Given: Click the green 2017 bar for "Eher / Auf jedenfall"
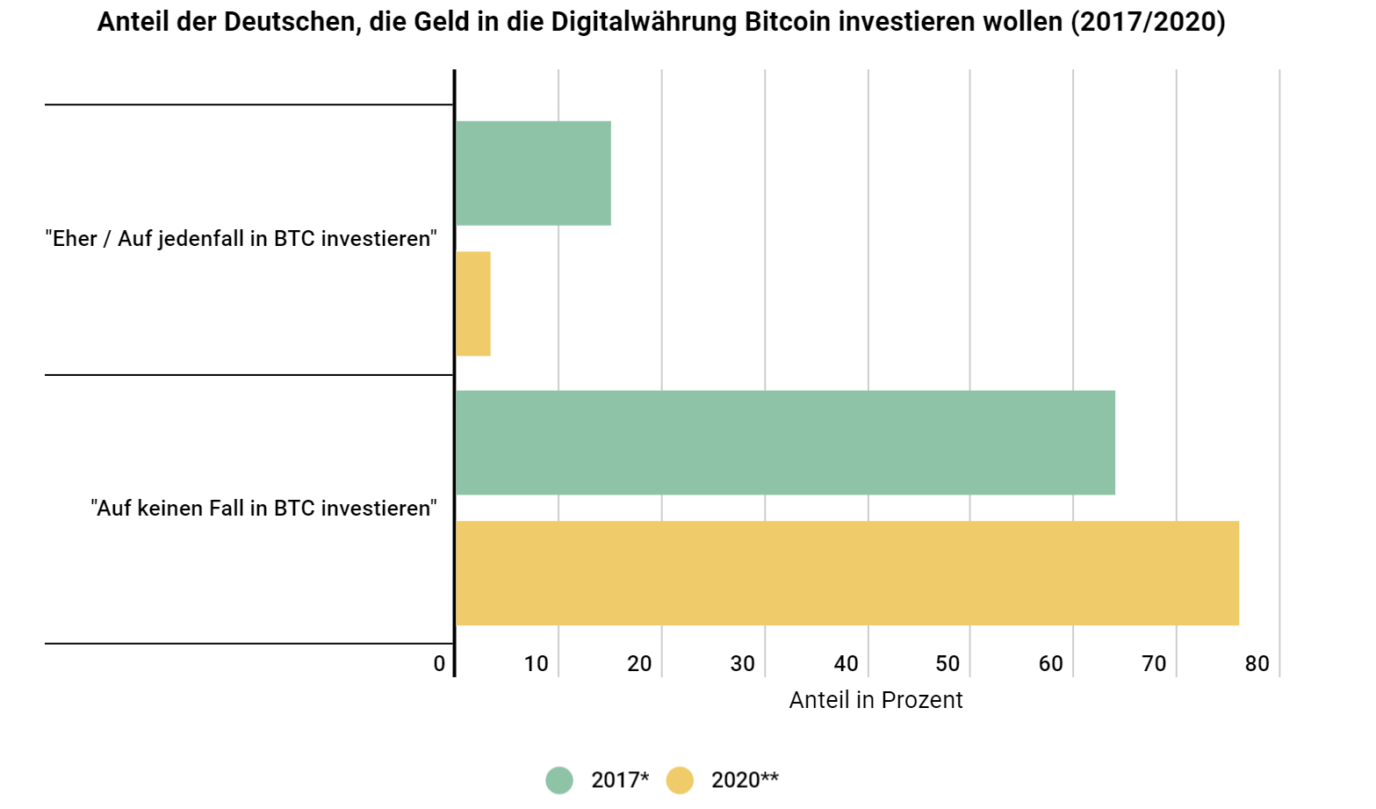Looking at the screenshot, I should coord(533,173).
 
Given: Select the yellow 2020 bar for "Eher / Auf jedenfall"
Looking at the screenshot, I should coord(473,304).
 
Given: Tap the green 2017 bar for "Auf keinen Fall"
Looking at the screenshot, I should coord(785,443).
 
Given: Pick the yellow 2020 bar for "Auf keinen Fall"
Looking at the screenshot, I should coord(846,573).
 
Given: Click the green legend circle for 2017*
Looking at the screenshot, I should coord(559,780).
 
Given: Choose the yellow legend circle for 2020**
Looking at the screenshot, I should coord(680,780).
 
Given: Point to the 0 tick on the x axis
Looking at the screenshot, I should coord(439,664).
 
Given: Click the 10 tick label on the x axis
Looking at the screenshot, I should coord(536,664).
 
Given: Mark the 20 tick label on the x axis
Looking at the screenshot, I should coord(639,664).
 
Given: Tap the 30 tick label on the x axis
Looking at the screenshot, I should coord(742,664).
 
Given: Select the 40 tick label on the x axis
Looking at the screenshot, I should coord(846,664).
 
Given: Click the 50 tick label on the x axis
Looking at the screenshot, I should coord(947,664).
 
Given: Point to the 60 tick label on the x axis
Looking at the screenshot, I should coord(1050,664).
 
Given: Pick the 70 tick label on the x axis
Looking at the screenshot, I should coord(1154,664).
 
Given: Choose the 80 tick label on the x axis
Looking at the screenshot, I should coord(1257,664).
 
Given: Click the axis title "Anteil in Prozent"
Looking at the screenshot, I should coord(875,700).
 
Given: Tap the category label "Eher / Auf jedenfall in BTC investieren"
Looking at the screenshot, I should coord(241,239).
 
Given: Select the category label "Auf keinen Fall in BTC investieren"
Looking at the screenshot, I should coord(263,509).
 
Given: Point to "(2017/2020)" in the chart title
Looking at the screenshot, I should coord(1147,22).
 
